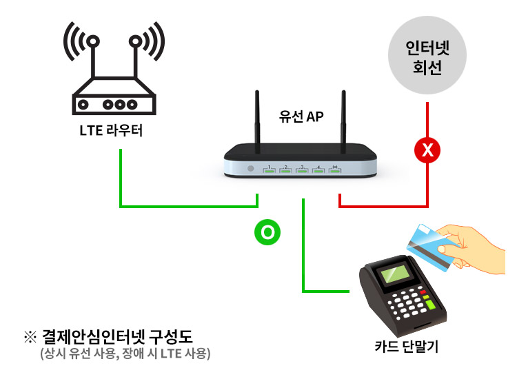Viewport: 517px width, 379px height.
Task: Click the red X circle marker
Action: [x=427, y=150]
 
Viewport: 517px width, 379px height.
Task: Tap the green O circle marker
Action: [x=267, y=232]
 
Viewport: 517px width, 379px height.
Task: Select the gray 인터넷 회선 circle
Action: [x=427, y=55]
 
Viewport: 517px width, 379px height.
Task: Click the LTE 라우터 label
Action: [x=111, y=130]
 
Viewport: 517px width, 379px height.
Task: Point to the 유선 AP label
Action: [x=301, y=116]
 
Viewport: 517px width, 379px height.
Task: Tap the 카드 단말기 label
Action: [x=407, y=347]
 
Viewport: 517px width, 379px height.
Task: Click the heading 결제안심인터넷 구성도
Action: [x=117, y=336]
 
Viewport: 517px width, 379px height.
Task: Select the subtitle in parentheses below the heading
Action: [x=125, y=354]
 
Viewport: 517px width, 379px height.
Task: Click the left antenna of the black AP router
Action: [x=257, y=121]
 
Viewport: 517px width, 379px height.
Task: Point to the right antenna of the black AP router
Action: [x=343, y=121]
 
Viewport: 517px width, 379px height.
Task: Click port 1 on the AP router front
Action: [x=269, y=170]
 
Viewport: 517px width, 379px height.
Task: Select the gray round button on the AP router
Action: [x=251, y=168]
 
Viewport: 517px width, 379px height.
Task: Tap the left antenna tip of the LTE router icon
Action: [x=93, y=41]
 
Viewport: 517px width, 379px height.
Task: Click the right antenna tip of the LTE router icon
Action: [x=135, y=41]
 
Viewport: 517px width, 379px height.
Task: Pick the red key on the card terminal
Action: [x=423, y=292]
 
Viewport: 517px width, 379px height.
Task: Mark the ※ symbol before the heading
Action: [x=30, y=337]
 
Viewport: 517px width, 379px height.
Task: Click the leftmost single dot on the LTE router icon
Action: [x=83, y=105]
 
